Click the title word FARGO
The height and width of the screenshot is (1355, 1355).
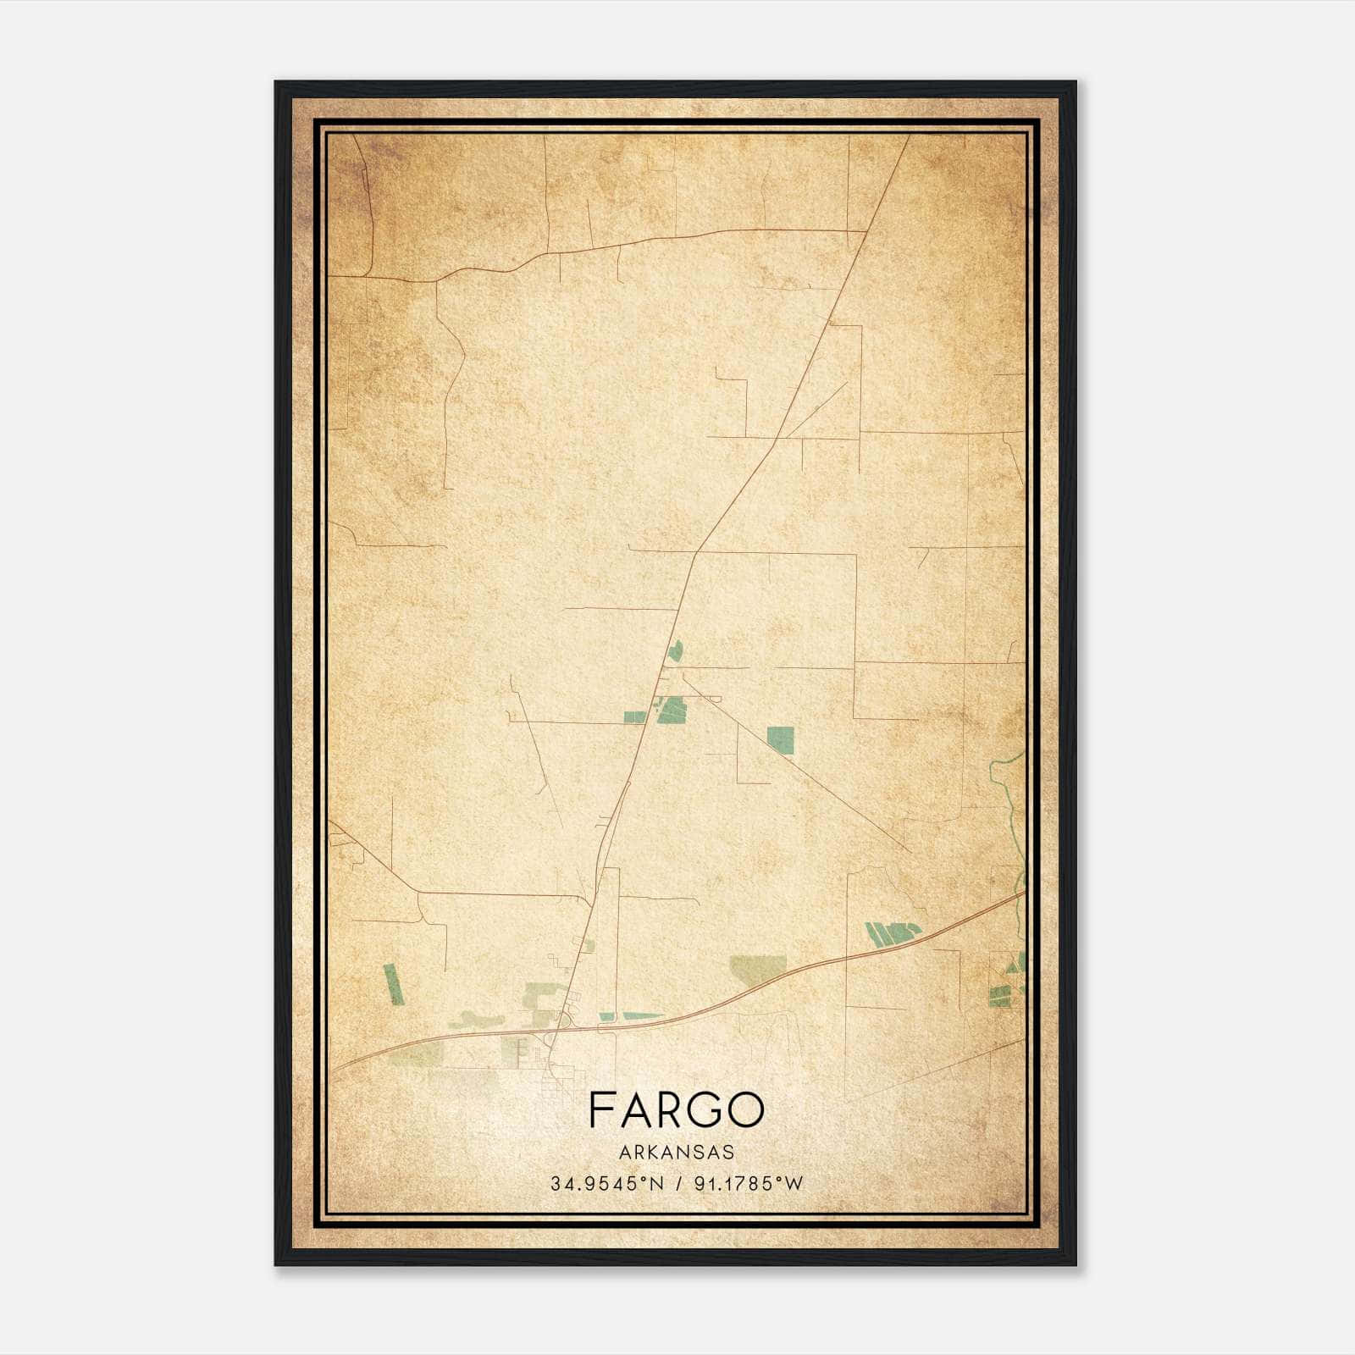click(x=676, y=1110)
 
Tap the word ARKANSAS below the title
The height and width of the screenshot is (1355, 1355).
click(x=676, y=1153)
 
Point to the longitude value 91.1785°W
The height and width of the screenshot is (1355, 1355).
click(x=748, y=1184)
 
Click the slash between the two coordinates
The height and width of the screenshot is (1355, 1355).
click(x=677, y=1184)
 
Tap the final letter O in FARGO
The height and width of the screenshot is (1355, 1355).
click(x=749, y=1110)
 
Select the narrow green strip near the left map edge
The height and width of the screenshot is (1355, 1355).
click(x=393, y=984)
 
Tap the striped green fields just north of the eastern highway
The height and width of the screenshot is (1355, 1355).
click(x=893, y=933)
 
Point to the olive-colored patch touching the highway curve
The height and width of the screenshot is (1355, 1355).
click(x=759, y=970)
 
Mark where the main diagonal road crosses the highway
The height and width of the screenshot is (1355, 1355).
click(x=560, y=1028)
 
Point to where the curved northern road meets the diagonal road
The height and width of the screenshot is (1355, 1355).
click(x=866, y=230)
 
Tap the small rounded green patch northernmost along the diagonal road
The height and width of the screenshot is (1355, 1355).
click(x=675, y=651)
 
